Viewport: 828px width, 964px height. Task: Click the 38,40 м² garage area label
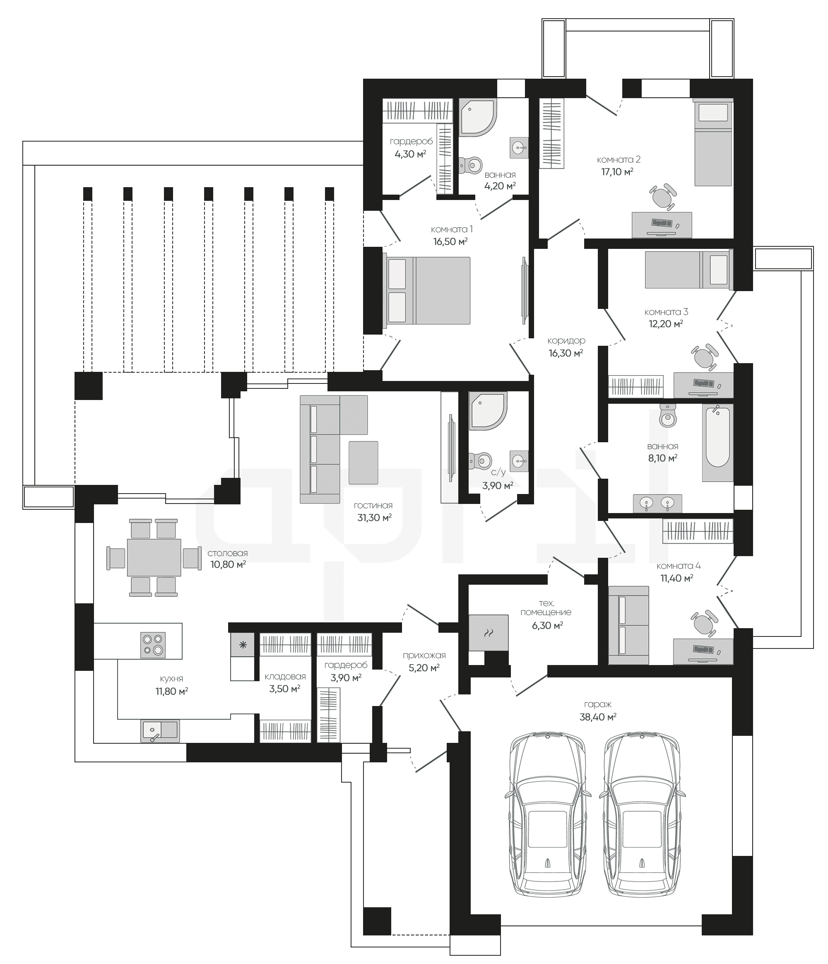click(598, 717)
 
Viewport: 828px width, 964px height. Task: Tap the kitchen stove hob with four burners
click(153, 644)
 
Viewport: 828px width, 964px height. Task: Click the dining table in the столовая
click(154, 557)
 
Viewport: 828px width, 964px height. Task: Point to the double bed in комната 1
click(426, 290)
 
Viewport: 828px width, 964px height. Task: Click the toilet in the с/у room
click(480, 461)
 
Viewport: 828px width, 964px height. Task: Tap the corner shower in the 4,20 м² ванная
click(478, 117)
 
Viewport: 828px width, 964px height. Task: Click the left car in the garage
click(546, 812)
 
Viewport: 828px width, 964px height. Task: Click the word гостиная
click(373, 505)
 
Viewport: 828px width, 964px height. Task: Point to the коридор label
click(566, 340)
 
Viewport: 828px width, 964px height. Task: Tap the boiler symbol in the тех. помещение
click(489, 632)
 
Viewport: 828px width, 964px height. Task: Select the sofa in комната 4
click(628, 625)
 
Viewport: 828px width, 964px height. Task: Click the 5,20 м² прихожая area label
click(424, 668)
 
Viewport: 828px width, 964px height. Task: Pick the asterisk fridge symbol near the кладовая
click(242, 645)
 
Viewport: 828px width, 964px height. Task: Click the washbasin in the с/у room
click(519, 461)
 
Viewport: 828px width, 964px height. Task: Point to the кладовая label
click(285, 677)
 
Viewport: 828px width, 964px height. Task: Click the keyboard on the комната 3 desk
click(704, 383)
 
